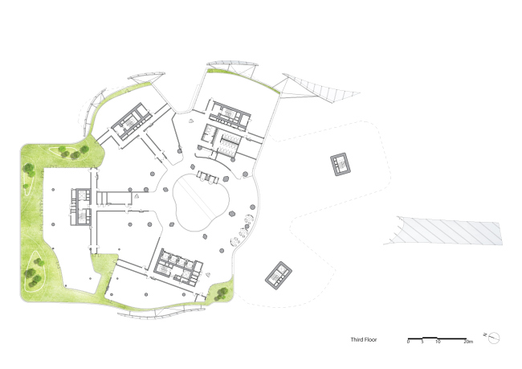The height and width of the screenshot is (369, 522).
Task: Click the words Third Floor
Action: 364,340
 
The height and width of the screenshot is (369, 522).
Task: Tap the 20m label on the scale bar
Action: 468,342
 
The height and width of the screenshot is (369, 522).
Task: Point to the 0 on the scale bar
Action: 409,342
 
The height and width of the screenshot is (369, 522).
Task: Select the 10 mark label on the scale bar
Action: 438,342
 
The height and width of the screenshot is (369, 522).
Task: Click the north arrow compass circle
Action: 494,338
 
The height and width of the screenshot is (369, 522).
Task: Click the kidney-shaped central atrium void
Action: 201,202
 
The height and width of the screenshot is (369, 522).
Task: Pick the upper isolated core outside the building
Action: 341,164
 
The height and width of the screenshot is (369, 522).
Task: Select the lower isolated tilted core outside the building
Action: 279,275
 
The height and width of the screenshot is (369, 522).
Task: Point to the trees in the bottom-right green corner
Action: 221,294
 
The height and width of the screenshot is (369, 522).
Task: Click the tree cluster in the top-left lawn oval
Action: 73,152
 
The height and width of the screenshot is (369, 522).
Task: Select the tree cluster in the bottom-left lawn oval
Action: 34,273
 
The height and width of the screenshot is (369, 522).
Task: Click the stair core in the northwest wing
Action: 131,121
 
